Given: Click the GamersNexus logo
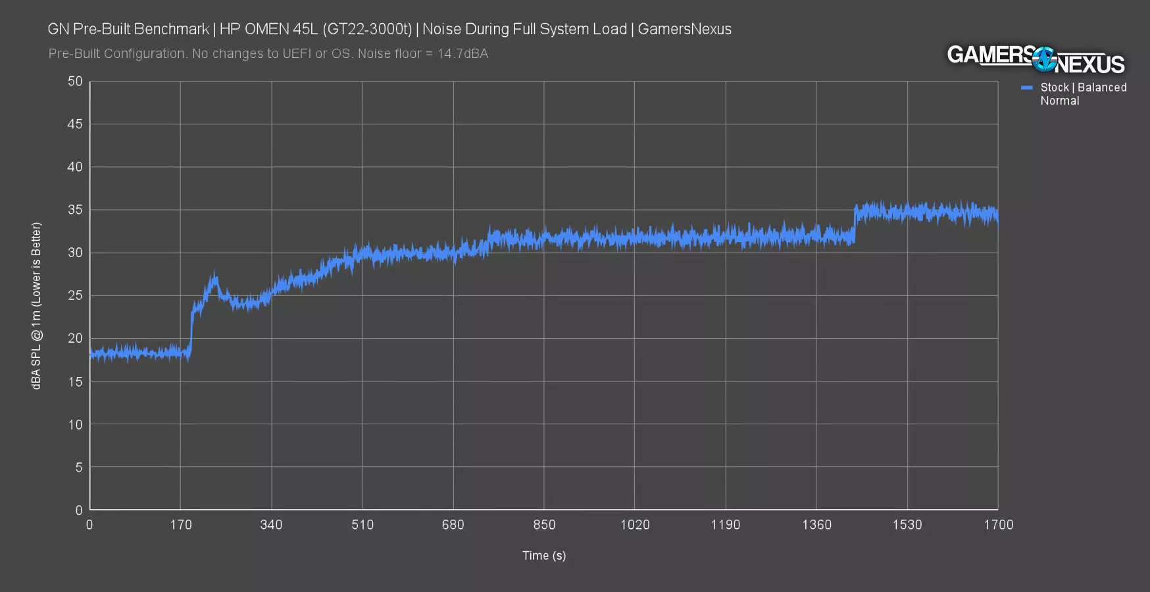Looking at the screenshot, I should [x=1036, y=60].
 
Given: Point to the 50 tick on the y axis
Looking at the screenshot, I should [x=75, y=82].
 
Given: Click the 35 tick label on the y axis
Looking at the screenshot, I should [x=75, y=210].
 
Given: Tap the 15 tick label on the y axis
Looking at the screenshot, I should [x=75, y=382].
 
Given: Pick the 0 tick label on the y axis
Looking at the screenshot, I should [x=79, y=510].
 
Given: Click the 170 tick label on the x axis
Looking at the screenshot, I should [x=181, y=525].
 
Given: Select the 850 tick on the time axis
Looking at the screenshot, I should [x=544, y=525].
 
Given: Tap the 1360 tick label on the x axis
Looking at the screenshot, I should [x=816, y=525].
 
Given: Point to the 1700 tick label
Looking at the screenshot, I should [x=998, y=525].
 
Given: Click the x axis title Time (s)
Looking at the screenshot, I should [x=544, y=556].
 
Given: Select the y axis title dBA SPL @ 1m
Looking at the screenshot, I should [x=36, y=305].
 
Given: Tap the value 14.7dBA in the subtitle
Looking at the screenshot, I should [x=463, y=54].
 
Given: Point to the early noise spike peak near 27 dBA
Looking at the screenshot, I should [x=213, y=278].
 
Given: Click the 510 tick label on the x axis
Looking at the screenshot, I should [x=362, y=525].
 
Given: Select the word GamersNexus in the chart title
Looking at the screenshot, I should [x=684, y=29].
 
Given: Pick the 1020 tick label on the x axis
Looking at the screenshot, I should [x=635, y=525].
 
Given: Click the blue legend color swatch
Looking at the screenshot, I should [x=1027, y=87].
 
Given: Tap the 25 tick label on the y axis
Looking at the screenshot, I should [x=75, y=295].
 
